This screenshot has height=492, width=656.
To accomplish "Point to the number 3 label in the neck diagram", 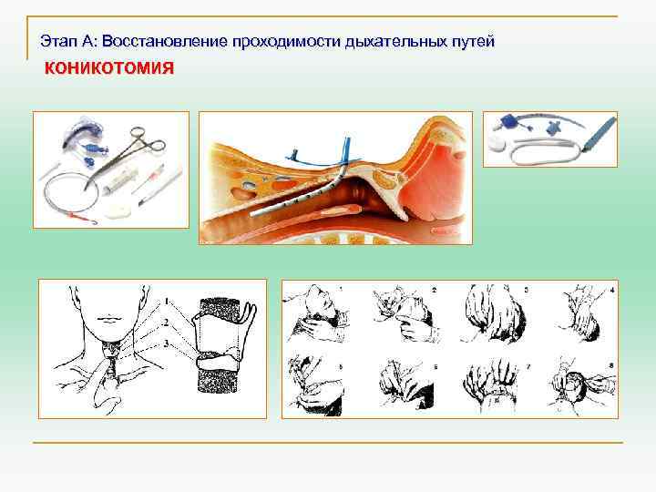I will click(x=167, y=341).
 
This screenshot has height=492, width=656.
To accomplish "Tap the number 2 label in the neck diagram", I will click(x=167, y=320).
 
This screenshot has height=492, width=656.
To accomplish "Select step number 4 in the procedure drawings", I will click(x=612, y=290).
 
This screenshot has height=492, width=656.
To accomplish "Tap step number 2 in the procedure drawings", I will click(x=434, y=290).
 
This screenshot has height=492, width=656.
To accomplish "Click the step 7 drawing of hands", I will click(x=492, y=387).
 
